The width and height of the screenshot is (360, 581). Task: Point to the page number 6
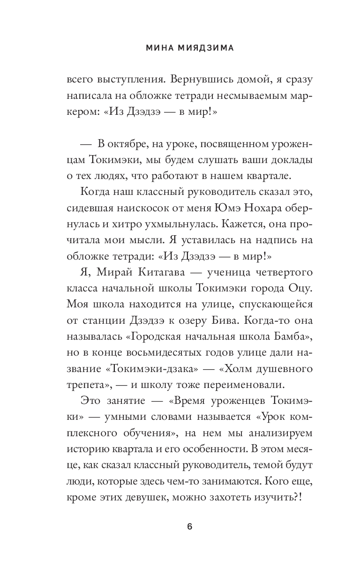click(x=189, y=526)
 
